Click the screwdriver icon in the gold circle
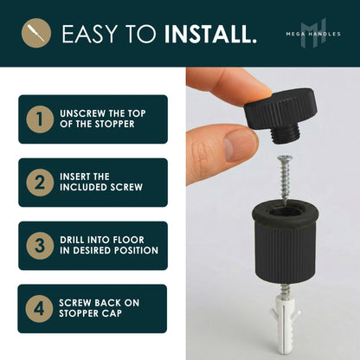[x=35, y=34]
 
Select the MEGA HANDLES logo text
[x=312, y=34]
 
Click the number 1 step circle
[x=37, y=119]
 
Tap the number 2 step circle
[x=37, y=182]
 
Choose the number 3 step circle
[x=37, y=245]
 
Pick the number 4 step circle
[x=37, y=308]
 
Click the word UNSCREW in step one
[x=80, y=112]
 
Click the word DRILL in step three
[x=74, y=239]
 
